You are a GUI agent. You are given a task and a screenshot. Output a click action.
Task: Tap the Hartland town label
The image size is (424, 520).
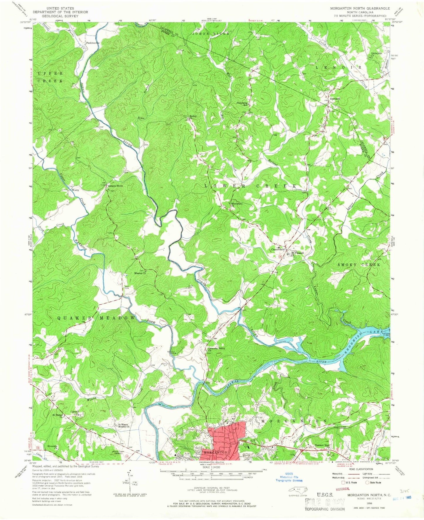335,99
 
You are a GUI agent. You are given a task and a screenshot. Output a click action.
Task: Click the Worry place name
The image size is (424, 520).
75,190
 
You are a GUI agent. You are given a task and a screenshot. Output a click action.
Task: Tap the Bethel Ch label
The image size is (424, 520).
193,117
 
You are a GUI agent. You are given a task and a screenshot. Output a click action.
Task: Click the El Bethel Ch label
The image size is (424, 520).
58,415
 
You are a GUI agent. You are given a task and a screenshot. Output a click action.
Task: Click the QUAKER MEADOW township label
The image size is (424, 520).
96,318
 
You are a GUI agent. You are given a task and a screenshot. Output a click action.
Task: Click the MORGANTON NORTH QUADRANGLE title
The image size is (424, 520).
356,8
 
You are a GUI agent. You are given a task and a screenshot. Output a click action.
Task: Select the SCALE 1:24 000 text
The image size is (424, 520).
213,467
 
